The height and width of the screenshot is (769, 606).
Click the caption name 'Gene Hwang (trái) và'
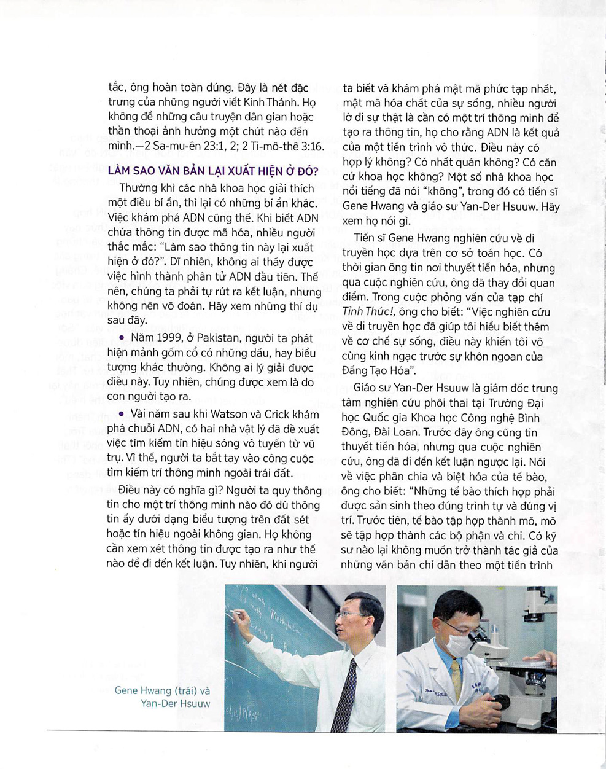(x=162, y=690)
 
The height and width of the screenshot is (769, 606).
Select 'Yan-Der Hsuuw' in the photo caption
(x=175, y=703)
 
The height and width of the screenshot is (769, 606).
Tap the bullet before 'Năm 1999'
(x=122, y=338)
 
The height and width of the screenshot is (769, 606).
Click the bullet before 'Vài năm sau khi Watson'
(x=122, y=414)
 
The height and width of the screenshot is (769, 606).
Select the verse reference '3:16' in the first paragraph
(x=312, y=147)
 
